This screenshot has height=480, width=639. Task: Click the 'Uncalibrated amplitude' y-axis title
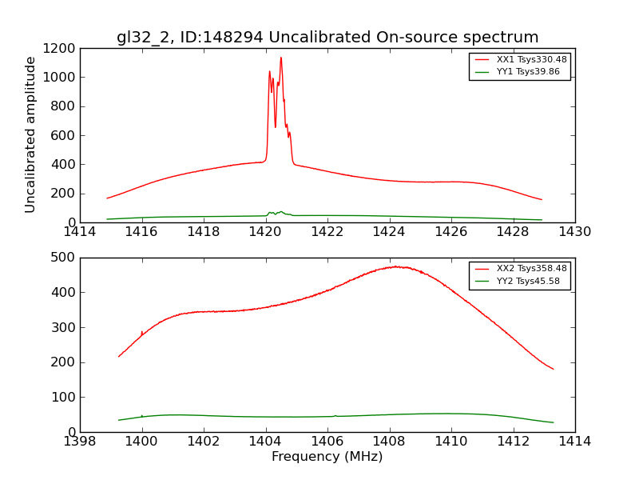31,134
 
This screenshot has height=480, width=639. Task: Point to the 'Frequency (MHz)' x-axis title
327,457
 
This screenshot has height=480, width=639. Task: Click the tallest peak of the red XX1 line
280,58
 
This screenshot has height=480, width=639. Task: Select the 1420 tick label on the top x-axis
265,232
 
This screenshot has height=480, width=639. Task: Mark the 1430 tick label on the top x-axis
575,232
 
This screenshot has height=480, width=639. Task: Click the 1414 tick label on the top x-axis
80,232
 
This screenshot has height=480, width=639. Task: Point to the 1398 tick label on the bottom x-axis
80,442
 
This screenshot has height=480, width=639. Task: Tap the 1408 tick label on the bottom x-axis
389,442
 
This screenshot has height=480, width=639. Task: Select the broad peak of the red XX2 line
395,266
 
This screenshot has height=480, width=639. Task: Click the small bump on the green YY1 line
280,212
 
